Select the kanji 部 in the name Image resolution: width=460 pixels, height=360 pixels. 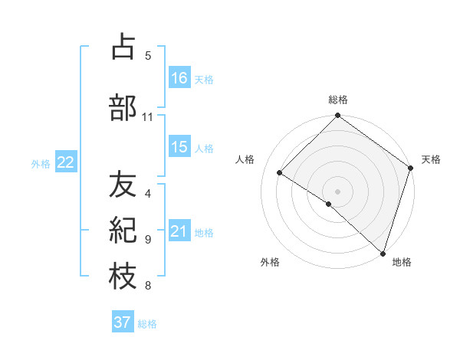[x=123, y=108]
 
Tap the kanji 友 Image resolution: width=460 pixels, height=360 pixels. [x=123, y=184]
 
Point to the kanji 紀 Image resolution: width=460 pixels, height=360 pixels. [x=123, y=231]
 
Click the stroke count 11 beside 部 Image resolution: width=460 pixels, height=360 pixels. [x=148, y=117]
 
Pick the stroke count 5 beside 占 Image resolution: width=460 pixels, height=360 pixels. [x=148, y=55]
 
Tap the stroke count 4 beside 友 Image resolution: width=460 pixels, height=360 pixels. [x=148, y=193]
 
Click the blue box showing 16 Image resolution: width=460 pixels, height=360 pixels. [x=180, y=77]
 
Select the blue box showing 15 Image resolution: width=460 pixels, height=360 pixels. [x=180, y=147]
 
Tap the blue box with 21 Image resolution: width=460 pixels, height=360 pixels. [x=180, y=231]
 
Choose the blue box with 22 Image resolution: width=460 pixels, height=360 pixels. [x=66, y=162]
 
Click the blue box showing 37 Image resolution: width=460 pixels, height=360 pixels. [x=123, y=322]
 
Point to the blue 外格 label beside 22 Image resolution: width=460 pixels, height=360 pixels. [x=41, y=163]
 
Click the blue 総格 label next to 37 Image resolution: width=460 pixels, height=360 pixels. [x=147, y=324]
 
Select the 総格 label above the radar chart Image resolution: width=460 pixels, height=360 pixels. [x=338, y=100]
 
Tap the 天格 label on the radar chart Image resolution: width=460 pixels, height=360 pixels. [x=431, y=160]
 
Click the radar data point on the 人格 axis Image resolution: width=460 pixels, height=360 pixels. [x=280, y=172]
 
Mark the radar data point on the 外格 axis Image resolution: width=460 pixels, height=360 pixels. [x=329, y=204]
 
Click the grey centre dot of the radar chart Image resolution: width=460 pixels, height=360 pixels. [x=338, y=191]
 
